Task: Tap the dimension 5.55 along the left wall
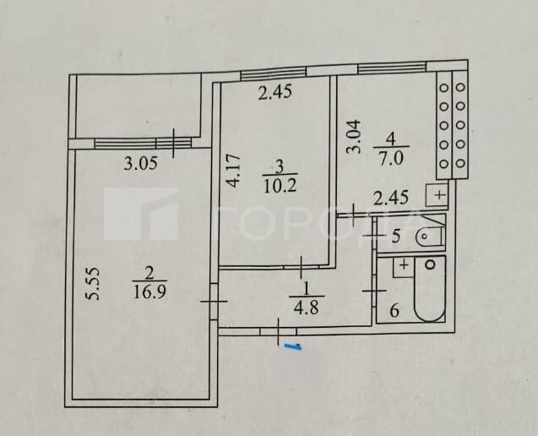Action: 95,284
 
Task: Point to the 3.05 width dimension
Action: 140,165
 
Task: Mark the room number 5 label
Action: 396,237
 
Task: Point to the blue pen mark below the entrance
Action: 293,345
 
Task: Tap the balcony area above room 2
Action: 138,106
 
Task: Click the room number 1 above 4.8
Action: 302,288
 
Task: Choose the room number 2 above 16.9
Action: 149,273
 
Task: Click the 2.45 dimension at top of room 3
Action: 274,94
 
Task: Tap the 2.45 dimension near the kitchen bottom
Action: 391,199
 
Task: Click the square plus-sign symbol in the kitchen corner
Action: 438,194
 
